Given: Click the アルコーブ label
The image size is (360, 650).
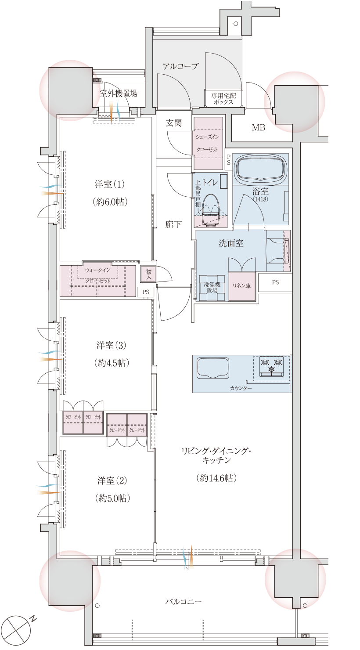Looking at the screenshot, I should point(180,67).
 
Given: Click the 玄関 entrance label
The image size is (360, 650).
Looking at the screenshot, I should point(173,123).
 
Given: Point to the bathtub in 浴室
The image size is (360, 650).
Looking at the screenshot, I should point(262,167).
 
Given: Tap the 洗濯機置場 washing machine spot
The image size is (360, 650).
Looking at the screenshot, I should point(212,288).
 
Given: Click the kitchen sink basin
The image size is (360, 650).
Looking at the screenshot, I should point(213,368).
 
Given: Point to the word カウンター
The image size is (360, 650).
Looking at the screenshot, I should point(241,389).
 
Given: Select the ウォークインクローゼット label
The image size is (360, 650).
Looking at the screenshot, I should point(98,275).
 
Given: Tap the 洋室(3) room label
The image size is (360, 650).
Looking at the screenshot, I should point(111,345).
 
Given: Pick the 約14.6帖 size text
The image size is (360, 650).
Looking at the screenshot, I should point(216,478).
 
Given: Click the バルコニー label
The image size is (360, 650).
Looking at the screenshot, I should point(184,601).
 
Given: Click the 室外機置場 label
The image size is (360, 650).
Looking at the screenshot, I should point(119,94).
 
